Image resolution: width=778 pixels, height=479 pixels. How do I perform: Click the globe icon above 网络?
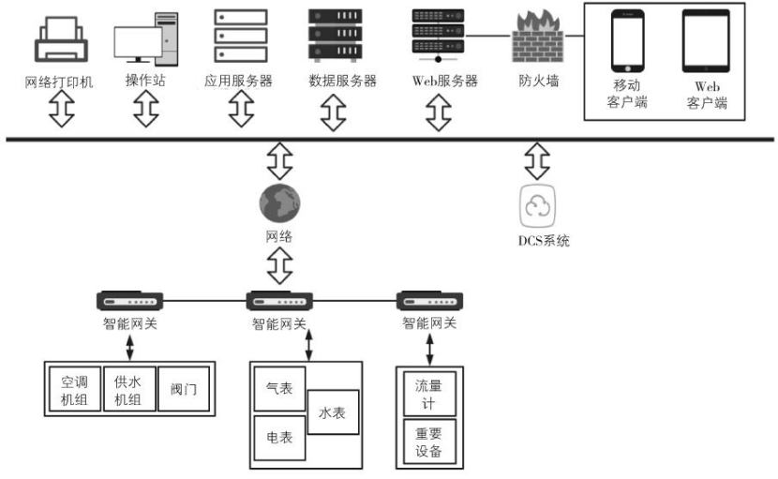point(280,202)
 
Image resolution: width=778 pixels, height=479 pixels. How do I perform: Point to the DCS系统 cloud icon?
point(537,204)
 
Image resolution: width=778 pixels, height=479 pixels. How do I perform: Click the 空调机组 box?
point(74,391)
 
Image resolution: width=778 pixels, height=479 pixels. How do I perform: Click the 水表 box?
point(333,412)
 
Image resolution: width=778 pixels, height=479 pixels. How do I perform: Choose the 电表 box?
point(279,438)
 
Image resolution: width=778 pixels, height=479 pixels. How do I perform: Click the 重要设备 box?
point(429,442)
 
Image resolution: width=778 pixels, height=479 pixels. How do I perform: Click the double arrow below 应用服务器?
point(238,110)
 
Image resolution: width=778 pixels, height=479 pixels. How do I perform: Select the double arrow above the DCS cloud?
point(537,160)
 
